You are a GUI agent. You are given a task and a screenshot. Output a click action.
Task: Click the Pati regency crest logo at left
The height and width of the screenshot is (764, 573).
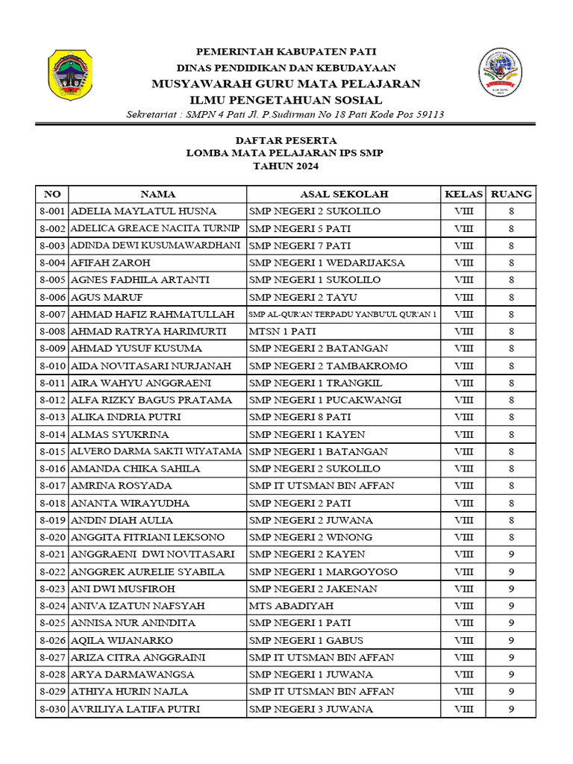click(x=71, y=75)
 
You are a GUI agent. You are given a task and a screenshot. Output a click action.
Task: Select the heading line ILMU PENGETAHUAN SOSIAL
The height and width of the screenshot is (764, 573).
click(x=286, y=100)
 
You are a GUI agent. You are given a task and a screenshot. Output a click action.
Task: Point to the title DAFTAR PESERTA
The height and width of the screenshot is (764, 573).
click(x=286, y=140)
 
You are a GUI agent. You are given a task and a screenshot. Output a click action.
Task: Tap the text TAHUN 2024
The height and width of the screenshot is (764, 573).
click(x=286, y=167)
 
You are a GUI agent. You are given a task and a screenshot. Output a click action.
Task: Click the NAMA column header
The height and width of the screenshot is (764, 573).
click(x=157, y=194)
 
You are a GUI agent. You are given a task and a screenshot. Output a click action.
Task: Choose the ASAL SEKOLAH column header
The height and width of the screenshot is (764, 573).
click(x=344, y=194)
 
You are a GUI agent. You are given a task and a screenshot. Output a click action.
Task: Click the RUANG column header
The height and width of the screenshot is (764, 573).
click(x=511, y=194)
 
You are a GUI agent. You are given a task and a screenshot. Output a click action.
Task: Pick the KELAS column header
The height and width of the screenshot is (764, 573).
click(x=463, y=194)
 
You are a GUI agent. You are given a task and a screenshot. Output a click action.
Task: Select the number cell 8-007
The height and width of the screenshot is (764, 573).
click(x=52, y=314)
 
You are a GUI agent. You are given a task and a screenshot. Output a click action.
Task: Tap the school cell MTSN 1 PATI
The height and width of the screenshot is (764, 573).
click(x=278, y=331)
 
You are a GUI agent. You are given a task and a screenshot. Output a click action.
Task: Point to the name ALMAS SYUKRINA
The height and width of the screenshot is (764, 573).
click(x=119, y=434)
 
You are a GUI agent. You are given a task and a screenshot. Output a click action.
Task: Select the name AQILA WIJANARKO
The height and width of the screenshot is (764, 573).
click(x=122, y=640)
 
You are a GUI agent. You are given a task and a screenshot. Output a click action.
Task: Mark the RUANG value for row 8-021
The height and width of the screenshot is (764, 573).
click(x=511, y=554)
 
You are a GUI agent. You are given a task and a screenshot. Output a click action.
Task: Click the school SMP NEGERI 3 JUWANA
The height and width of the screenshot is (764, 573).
click(x=311, y=709)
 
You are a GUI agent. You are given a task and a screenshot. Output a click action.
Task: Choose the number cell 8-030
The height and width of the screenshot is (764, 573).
click(x=52, y=709)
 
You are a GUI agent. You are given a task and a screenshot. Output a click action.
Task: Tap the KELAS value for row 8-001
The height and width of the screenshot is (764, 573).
click(x=463, y=211)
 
